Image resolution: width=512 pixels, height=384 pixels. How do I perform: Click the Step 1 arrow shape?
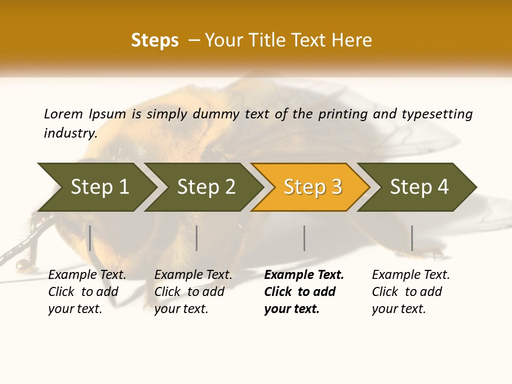99,187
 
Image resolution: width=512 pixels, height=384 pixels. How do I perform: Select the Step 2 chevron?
206,187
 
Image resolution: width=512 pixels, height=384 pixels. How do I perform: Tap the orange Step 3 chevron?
313,187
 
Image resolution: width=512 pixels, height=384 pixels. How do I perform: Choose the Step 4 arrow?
419,187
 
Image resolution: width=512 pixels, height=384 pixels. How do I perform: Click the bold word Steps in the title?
155,41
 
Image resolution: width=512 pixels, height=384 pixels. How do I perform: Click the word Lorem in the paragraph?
63,114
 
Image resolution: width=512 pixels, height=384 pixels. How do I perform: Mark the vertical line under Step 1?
90,238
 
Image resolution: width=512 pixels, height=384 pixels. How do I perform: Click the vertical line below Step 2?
197,238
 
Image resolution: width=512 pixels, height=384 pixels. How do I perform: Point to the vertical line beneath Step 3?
304,238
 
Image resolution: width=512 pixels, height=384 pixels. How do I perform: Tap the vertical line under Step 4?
412,238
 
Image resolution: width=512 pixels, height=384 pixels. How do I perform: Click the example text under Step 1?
87,292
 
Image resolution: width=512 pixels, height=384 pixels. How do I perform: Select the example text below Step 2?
193,292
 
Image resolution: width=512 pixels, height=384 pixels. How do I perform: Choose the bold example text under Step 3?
304,292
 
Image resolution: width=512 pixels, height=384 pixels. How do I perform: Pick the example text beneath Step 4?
411,292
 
